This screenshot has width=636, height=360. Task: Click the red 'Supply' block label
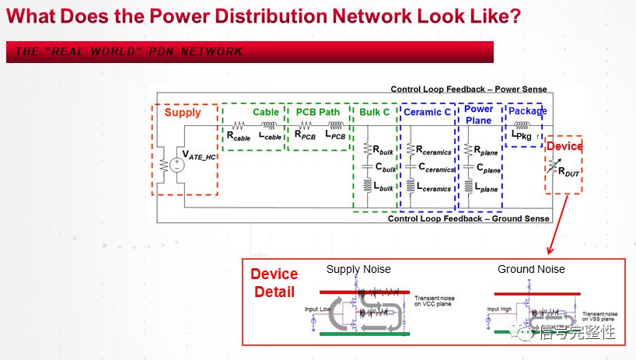[183, 113]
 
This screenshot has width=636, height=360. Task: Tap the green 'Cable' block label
[266, 112]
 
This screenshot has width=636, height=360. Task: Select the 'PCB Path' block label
[318, 112]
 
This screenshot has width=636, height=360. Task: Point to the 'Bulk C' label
[375, 112]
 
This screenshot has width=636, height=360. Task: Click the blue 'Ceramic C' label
[426, 112]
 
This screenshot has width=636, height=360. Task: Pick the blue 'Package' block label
[528, 111]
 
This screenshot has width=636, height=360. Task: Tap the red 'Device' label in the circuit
[564, 146]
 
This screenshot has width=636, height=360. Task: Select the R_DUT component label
[569, 174]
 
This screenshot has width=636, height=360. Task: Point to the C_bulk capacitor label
[383, 167]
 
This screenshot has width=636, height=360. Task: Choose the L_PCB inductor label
[336, 137]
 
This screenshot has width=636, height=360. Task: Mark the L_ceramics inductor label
[434, 187]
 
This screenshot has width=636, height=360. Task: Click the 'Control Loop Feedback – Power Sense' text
[468, 89]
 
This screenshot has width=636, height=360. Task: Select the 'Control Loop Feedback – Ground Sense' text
[467, 218]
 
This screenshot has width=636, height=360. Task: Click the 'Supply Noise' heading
[358, 269]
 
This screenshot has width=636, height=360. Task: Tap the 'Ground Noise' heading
[532, 269]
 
